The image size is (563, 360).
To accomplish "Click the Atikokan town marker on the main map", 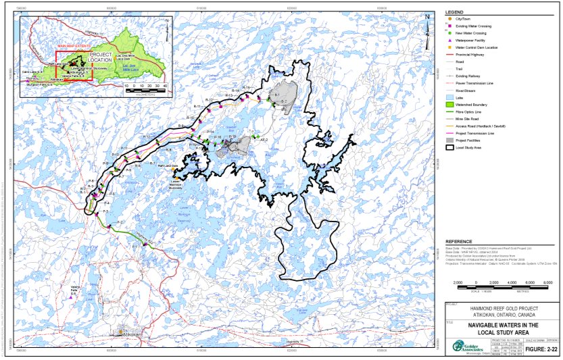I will tap(120, 332).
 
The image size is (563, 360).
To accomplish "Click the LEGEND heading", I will tap(454, 13).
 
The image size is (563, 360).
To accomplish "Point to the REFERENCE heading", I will tap(458, 240).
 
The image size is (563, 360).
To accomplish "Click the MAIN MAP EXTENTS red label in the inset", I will tap(73, 46).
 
